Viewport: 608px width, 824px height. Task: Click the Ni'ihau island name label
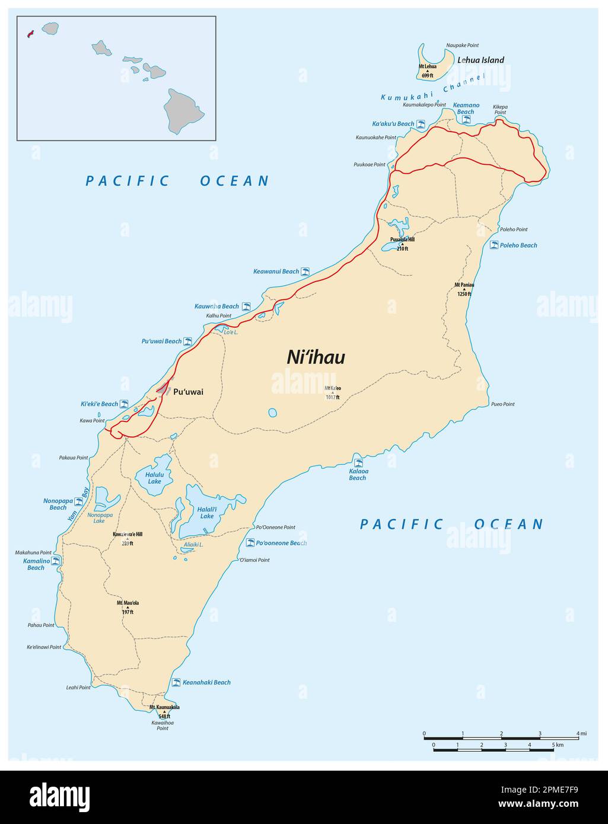[x=316, y=357]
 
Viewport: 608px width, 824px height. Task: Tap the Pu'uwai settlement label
[x=188, y=392]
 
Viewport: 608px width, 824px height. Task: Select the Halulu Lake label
[x=154, y=478]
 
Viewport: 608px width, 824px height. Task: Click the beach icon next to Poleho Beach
[x=494, y=245]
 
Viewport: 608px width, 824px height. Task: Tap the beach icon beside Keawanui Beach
[x=305, y=272]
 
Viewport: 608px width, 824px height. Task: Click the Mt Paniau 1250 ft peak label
[x=464, y=289]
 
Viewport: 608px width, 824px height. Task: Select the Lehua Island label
[x=480, y=60]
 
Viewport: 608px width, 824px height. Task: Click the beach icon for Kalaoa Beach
[x=358, y=463]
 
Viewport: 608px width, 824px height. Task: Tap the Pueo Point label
[x=502, y=404]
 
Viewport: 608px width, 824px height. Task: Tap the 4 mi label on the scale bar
[x=582, y=734]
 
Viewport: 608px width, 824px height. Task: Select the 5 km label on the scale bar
[x=557, y=745]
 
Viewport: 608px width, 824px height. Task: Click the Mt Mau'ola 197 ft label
[x=128, y=607]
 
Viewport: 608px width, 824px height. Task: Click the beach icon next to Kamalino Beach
[x=56, y=560]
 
